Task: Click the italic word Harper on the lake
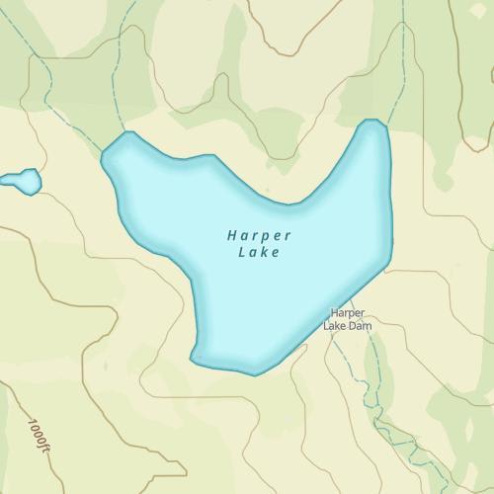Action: coord(259,237)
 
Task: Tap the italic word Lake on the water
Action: coord(260,253)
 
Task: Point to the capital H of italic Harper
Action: coord(231,236)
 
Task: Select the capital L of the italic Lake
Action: coord(243,253)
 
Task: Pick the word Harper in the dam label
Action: coord(348,313)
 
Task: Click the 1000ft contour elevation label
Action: coord(39,436)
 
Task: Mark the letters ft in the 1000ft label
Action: coord(42,447)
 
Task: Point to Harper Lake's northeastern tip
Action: coord(372,123)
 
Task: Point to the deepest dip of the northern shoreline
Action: coord(290,205)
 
